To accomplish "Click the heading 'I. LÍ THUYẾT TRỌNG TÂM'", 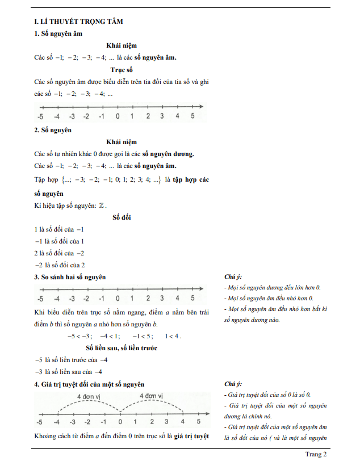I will pos(79,21).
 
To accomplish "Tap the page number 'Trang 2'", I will pos(316,454).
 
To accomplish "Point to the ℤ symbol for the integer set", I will pos(101,205).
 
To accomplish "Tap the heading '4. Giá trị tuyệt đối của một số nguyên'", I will pos(89,385).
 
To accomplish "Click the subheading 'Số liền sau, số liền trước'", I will pos(122,348).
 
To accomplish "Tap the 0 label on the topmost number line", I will pos(117,116).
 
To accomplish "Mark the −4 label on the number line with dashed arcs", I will pos(57,422).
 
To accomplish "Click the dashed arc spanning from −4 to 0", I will pos(88,404).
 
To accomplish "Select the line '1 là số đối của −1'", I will pos(60,229).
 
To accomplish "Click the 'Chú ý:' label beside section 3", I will pos(233,276).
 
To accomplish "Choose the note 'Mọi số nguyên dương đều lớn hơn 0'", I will pos(273,287).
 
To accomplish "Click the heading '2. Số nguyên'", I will pos(53,130).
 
